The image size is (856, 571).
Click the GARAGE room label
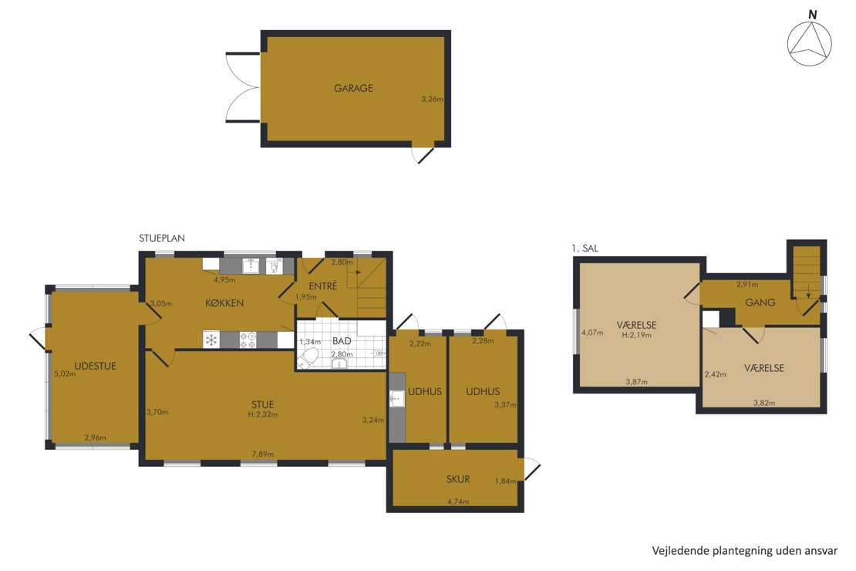click(x=353, y=88)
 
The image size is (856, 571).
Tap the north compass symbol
click(x=810, y=40)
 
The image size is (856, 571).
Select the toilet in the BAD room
click(x=308, y=360)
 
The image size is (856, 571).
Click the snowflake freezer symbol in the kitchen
click(x=211, y=340)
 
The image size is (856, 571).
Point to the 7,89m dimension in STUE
click(x=263, y=454)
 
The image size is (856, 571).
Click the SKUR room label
click(x=458, y=479)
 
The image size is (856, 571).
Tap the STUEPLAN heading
click(x=162, y=238)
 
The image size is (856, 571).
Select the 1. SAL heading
click(x=585, y=248)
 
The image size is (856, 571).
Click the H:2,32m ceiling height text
click(x=263, y=414)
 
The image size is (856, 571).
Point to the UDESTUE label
click(x=95, y=366)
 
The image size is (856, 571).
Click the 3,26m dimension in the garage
click(x=433, y=100)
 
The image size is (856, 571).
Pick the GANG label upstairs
click(x=760, y=302)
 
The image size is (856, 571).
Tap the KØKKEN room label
click(x=224, y=302)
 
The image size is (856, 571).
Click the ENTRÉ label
click(x=322, y=285)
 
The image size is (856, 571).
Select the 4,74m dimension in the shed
click(x=458, y=502)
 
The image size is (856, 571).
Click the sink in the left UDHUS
click(x=397, y=399)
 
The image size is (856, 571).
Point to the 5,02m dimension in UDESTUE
click(x=65, y=373)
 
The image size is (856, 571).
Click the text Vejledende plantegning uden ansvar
click(x=745, y=551)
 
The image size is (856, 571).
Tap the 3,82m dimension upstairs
click(x=764, y=404)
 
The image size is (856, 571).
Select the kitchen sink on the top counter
click(x=251, y=266)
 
